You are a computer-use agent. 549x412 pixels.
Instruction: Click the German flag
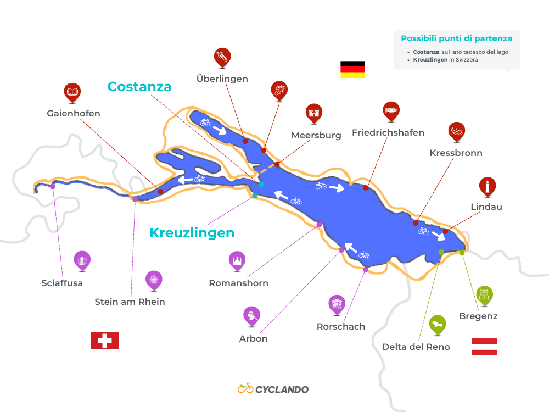352,69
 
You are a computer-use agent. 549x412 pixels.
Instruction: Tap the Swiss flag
104,341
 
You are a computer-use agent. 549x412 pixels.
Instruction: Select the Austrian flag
484,346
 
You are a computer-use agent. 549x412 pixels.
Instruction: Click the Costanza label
139,87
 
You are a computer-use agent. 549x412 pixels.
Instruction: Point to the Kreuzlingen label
192,233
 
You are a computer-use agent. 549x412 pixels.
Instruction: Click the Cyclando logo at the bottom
273,389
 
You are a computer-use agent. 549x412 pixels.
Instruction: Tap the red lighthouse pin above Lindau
487,187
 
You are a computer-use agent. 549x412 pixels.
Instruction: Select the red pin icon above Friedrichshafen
391,111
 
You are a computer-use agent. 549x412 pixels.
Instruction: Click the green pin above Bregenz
484,294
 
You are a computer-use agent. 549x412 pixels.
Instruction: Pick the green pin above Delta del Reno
437,324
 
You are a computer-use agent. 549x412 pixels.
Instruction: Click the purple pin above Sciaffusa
82,260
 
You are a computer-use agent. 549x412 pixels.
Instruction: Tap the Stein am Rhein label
130,302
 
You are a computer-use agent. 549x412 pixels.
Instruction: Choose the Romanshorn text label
238,283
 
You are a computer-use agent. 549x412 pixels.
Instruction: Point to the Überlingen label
222,79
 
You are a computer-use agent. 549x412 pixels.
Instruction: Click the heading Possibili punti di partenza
456,38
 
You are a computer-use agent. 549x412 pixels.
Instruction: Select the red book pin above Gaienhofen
72,92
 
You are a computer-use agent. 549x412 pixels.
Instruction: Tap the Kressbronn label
456,153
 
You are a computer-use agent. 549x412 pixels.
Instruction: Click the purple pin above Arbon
251,315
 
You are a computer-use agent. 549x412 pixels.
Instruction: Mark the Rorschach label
340,326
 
